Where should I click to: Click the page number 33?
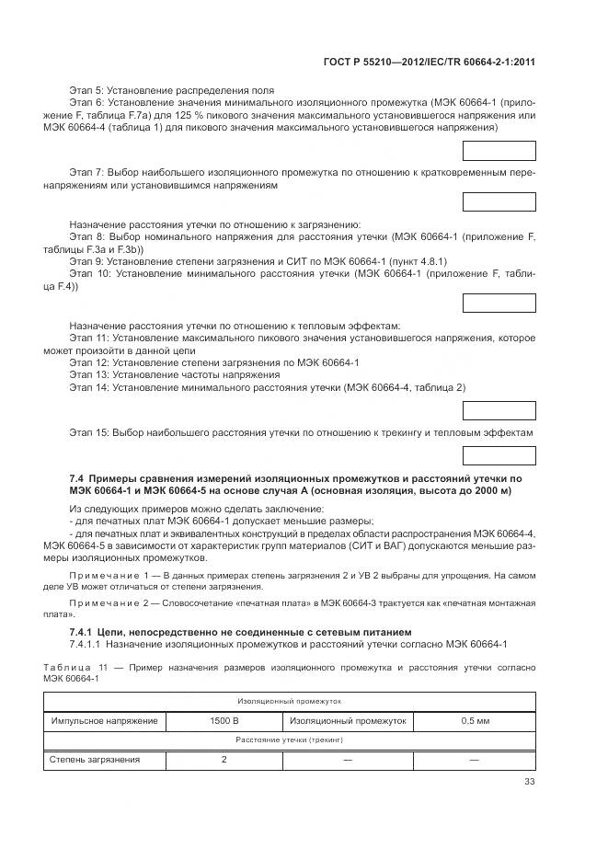pos(529,783)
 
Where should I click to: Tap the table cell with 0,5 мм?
pos(474,721)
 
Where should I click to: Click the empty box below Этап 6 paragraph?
pos(499,151)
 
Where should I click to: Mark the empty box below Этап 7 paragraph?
pos(499,202)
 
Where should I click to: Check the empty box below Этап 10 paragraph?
pos(499,304)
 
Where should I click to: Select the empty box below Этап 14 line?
pos(499,409)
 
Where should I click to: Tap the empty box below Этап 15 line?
pos(499,453)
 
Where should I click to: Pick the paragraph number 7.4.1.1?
pos(89,644)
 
